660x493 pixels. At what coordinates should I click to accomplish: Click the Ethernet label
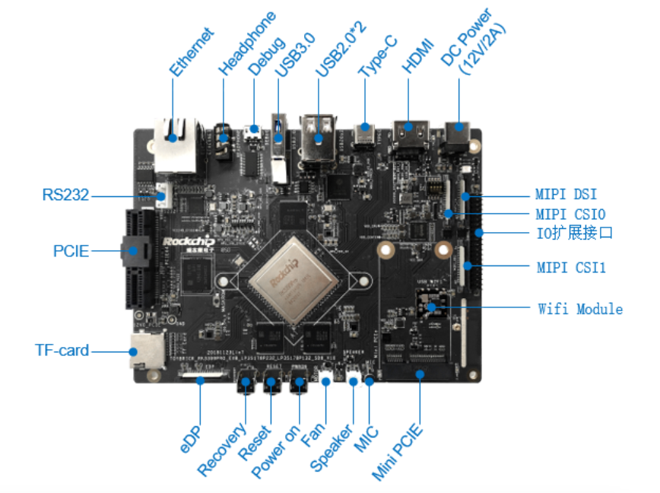(x=191, y=52)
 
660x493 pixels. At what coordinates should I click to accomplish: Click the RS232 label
(x=65, y=196)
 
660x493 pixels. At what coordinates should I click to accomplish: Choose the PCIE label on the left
(x=71, y=250)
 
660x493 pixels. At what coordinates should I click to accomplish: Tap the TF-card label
(x=62, y=351)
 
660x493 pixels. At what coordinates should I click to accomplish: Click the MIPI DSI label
(x=566, y=196)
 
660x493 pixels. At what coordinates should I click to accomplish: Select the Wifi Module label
(x=580, y=309)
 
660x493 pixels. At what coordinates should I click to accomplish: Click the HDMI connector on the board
(x=410, y=132)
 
